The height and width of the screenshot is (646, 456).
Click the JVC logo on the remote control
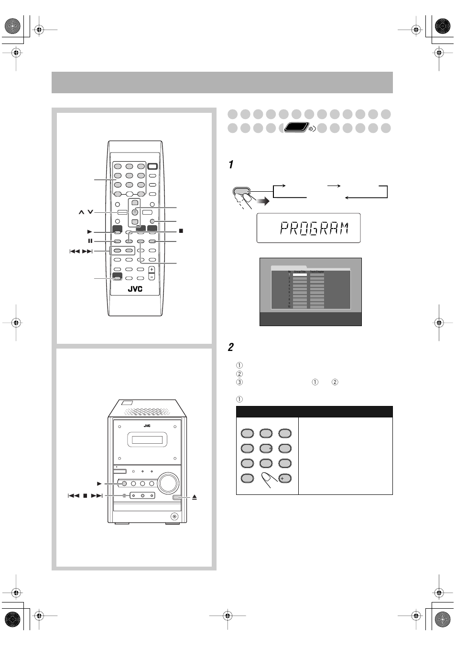[x=135, y=289]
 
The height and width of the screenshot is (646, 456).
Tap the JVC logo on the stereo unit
[x=147, y=425]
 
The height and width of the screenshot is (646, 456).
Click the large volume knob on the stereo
[x=167, y=483]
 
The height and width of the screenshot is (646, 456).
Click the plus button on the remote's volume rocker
[x=152, y=270]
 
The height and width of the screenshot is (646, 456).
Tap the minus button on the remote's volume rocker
[x=152, y=277]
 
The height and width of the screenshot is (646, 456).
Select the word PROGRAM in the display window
[x=314, y=229]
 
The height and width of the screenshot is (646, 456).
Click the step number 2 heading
[x=231, y=348]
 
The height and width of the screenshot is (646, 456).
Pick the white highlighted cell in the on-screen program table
[x=300, y=275]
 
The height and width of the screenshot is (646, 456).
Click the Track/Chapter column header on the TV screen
[x=317, y=271]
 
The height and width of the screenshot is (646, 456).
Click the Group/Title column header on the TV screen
[x=300, y=271]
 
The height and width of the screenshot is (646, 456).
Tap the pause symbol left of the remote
[x=90, y=241]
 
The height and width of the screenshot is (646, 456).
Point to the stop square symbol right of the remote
[x=181, y=231]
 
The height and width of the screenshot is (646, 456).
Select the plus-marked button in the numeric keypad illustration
[x=284, y=478]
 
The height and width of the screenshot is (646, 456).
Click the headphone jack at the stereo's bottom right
[x=174, y=516]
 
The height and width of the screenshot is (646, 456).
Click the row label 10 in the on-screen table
[x=289, y=307]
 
